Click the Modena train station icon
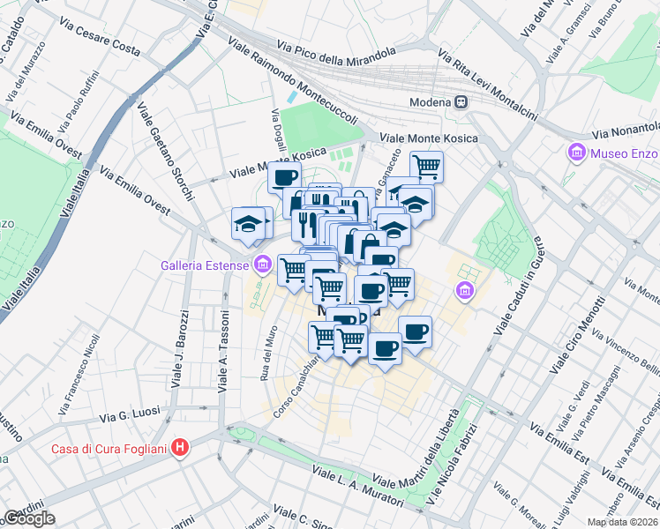coord(461,101)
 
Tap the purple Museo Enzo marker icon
coord(577,153)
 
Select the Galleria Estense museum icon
coord(262,264)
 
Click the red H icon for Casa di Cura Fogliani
coord(180,448)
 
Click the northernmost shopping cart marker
coord(426,165)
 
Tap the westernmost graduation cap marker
coord(248,224)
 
